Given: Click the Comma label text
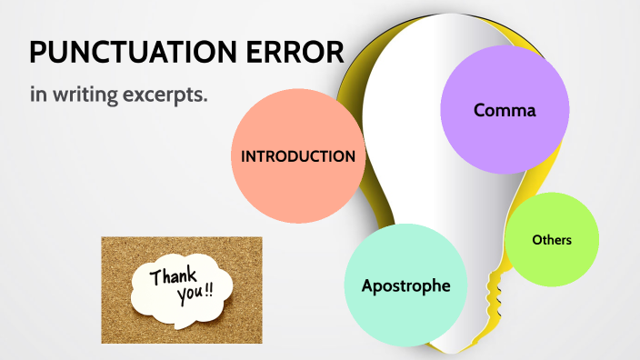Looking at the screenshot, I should click(x=505, y=111).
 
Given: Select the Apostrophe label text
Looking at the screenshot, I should click(x=405, y=285).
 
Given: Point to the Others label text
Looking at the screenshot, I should click(x=552, y=240).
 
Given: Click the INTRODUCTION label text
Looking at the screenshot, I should click(x=297, y=156).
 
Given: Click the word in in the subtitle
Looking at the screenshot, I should click(x=37, y=95).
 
